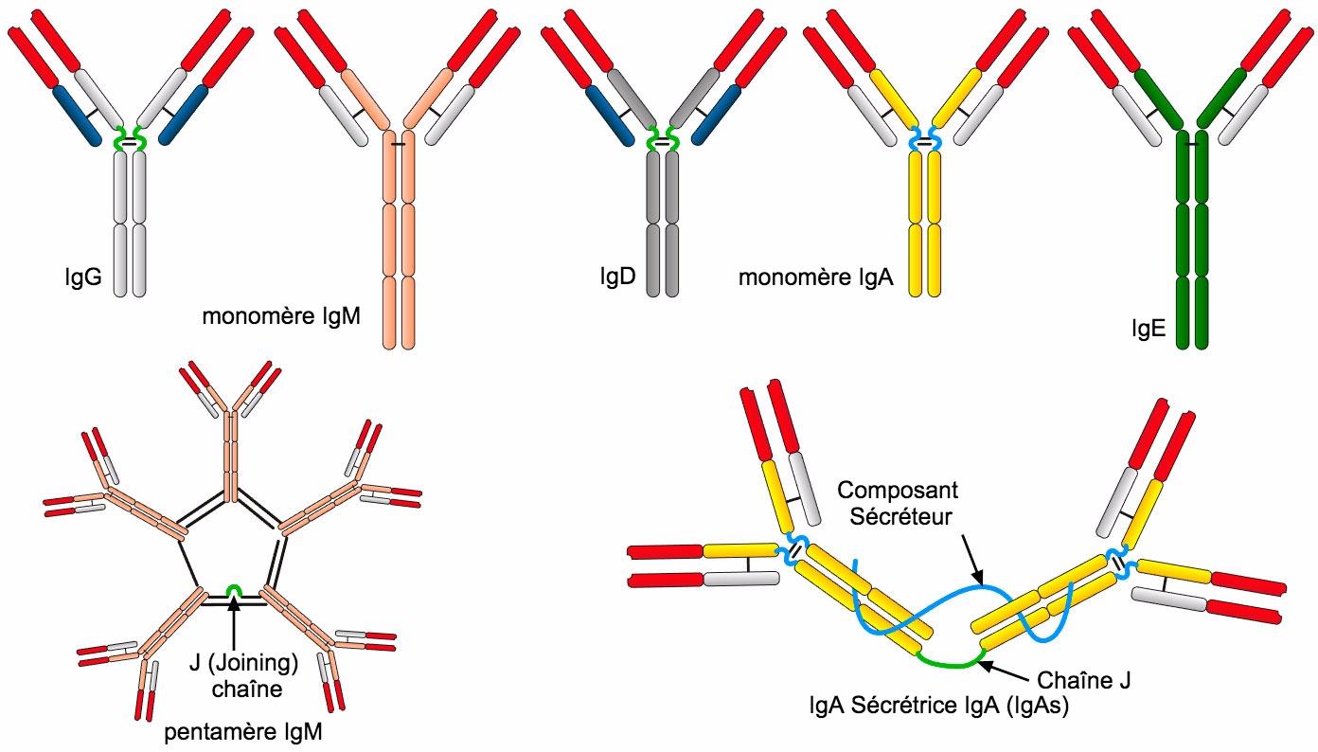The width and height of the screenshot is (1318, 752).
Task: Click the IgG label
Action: pos(78,278)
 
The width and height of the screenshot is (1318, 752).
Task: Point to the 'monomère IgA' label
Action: pos(815,278)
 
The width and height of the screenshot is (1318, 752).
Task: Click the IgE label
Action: pos(1148,329)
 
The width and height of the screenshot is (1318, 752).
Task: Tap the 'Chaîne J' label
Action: pos(1085,680)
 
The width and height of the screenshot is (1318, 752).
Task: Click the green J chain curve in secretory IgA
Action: pos(952,663)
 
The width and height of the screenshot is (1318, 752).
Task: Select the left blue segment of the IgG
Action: pos(77,115)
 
